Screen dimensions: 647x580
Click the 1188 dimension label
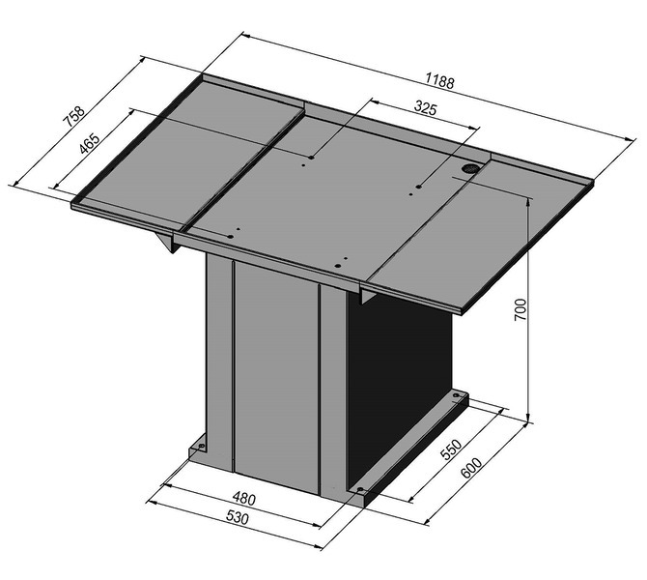click(x=439, y=80)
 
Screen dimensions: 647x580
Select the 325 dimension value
click(x=425, y=108)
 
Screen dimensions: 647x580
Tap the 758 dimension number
click(x=73, y=117)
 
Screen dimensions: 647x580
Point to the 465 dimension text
click(x=90, y=143)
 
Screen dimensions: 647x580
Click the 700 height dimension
click(x=520, y=309)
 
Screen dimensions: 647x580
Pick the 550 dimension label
click(x=451, y=449)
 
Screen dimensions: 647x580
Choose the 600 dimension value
click(x=471, y=468)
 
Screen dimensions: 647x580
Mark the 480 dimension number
click(x=244, y=498)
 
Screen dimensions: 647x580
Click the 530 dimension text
click(x=238, y=517)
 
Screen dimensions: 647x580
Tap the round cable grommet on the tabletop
click(x=469, y=168)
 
